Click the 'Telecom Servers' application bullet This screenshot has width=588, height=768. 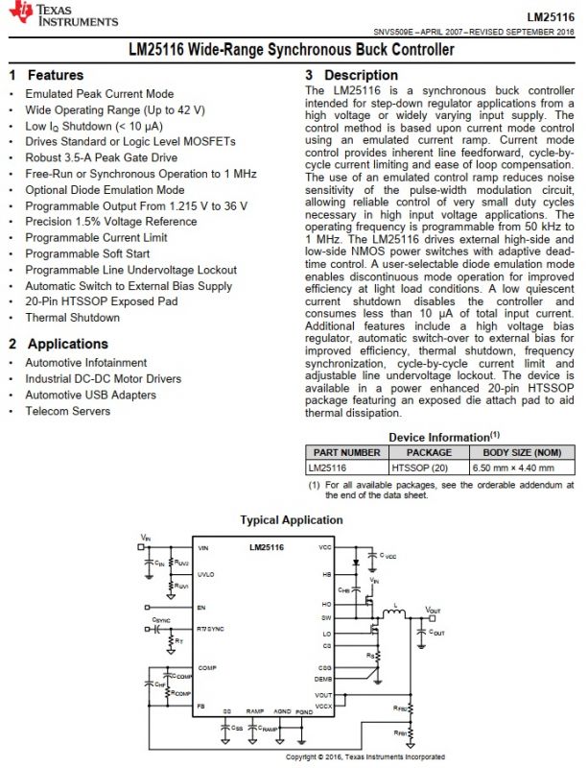(x=68, y=412)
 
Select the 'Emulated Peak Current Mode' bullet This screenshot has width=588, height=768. (x=100, y=94)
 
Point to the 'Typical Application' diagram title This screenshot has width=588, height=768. (x=291, y=520)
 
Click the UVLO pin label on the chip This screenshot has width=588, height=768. (x=206, y=574)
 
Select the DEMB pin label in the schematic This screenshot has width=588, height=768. (x=325, y=678)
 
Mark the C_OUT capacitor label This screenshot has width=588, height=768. (x=437, y=633)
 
